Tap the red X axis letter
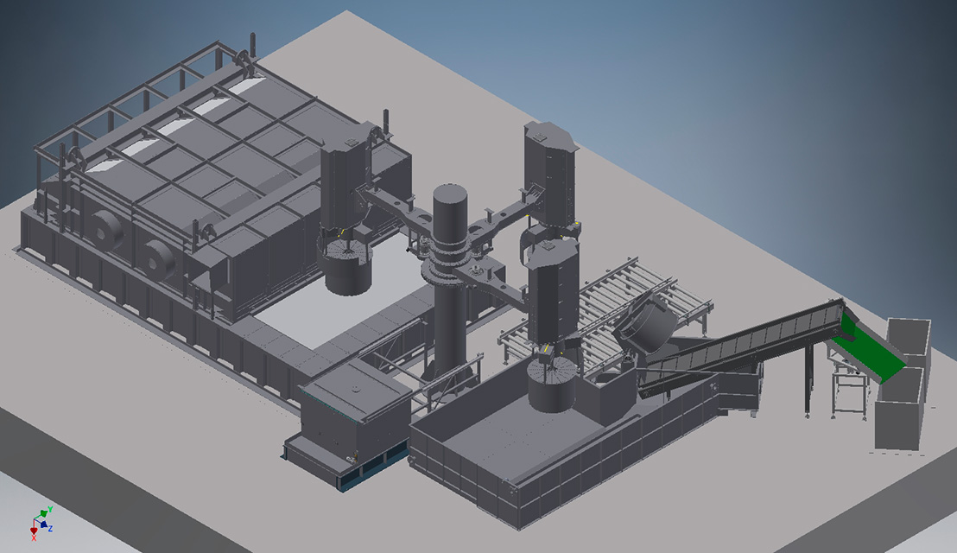coord(34,537)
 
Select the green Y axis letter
coord(50,509)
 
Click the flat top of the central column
coord(450,194)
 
